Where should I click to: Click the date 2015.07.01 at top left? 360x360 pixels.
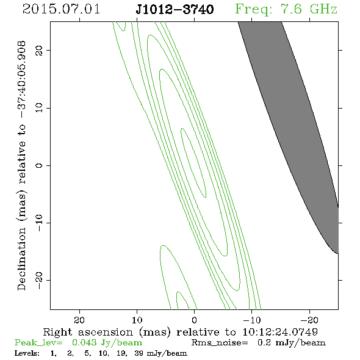click(x=61, y=9)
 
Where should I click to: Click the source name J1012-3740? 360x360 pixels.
click(x=175, y=9)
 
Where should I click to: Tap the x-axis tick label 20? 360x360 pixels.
click(x=79, y=320)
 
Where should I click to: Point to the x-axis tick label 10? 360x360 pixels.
click(x=137, y=320)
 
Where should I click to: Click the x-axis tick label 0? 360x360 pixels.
click(x=194, y=320)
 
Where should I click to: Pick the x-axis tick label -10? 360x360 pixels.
click(x=251, y=320)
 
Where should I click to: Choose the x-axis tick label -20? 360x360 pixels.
click(x=309, y=320)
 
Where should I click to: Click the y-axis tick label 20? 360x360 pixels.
click(x=39, y=50)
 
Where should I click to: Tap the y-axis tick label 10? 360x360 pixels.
click(x=39, y=107)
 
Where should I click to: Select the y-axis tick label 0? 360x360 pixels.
click(x=39, y=165)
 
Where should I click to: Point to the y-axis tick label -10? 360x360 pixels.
click(x=39, y=223)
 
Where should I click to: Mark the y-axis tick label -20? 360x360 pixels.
click(x=39, y=280)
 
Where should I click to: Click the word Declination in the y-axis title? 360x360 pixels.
click(x=21, y=259)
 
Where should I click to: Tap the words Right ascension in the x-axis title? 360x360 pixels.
click(x=88, y=332)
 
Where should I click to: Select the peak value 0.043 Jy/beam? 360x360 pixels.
click(x=107, y=342)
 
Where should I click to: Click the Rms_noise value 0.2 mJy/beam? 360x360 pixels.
click(x=291, y=342)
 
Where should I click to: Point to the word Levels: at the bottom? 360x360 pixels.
click(x=27, y=353)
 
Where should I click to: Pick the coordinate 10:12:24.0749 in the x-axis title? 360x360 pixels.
click(x=280, y=332)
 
